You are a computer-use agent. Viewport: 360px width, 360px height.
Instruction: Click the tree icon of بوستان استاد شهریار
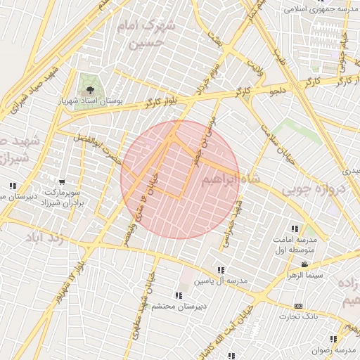(x=89, y=89)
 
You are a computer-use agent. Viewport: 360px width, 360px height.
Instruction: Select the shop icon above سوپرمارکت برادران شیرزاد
(x=63, y=181)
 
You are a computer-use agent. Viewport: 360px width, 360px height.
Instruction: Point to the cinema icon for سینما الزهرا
(x=304, y=264)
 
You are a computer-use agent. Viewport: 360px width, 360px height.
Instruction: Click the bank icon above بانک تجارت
(x=299, y=307)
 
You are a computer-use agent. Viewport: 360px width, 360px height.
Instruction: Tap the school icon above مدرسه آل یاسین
(x=221, y=270)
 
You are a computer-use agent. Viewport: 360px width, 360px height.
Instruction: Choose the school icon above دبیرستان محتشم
(x=179, y=295)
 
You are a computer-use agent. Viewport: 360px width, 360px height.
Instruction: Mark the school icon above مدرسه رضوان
(x=334, y=339)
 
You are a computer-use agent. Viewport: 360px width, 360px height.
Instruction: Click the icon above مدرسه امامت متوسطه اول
(x=295, y=229)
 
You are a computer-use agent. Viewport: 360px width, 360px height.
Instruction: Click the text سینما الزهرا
(x=310, y=275)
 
